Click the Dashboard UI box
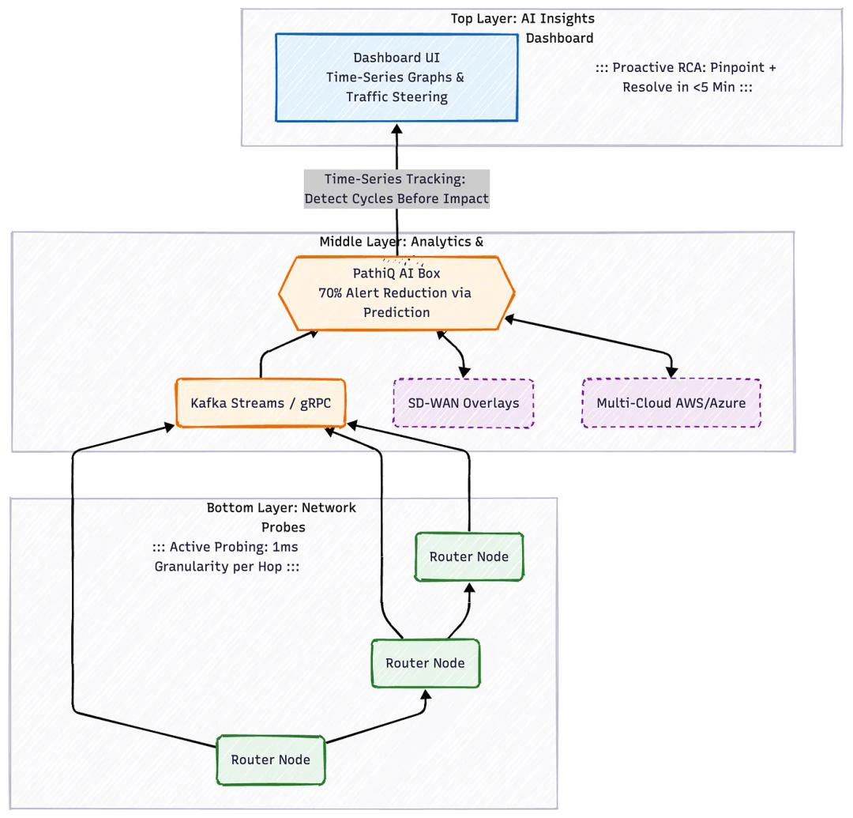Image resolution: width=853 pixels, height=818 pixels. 396,77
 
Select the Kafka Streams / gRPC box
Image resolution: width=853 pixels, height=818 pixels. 261,403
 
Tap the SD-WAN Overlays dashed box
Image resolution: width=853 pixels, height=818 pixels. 463,403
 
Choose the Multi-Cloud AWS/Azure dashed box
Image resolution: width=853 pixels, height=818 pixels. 671,403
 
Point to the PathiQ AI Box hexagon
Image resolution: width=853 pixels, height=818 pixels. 396,293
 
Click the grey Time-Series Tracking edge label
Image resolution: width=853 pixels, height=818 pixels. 396,189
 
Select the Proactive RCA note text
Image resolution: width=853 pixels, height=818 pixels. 686,77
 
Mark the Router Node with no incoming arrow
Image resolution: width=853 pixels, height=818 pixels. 270,760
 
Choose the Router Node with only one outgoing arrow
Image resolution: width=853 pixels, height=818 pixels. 469,556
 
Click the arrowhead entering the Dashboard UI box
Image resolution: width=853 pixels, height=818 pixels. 396,128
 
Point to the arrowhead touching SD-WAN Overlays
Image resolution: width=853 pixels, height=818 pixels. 463,371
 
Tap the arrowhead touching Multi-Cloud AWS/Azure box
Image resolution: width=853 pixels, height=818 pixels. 671,371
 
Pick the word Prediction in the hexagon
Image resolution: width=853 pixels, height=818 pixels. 396,312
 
